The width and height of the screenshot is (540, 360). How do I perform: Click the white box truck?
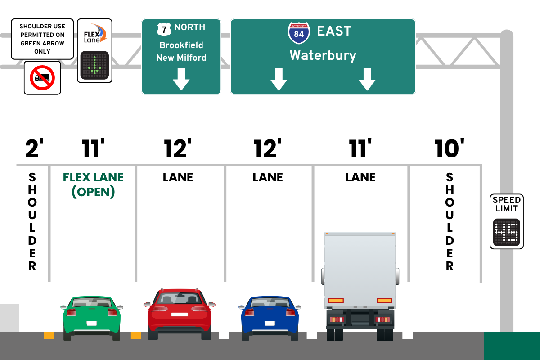(x=360, y=279)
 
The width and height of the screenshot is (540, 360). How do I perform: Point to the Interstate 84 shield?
(x=298, y=32)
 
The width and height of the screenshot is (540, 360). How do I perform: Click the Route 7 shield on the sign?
(x=164, y=29)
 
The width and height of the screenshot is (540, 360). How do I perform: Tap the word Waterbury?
(x=323, y=55)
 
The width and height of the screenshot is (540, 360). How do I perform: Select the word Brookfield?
(x=181, y=45)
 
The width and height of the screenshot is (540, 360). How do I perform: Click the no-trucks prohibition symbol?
(x=42, y=78)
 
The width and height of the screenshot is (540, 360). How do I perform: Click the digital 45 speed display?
(x=506, y=232)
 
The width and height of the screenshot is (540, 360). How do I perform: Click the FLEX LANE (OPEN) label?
(x=93, y=184)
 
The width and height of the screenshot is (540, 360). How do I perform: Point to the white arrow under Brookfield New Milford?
(x=181, y=79)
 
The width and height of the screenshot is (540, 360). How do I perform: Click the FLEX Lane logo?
(x=94, y=34)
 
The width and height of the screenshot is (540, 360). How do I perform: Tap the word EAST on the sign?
(x=334, y=31)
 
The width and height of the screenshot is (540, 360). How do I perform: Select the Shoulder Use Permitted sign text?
(x=42, y=39)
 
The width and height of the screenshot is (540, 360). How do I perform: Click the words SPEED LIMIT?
(x=507, y=204)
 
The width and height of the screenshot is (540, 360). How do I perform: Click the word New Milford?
(x=181, y=58)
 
